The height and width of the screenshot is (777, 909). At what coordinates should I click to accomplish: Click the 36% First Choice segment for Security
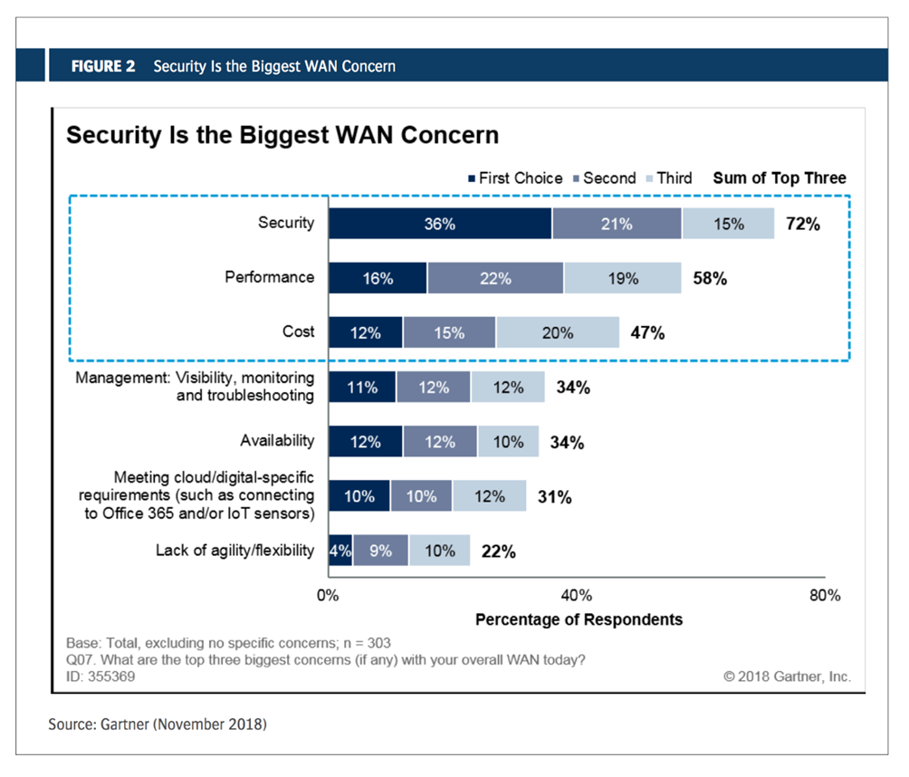coord(439,224)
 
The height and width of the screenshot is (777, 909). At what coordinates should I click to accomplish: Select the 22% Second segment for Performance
coord(495,279)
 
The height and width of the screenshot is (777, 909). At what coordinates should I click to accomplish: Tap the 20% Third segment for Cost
coord(557,333)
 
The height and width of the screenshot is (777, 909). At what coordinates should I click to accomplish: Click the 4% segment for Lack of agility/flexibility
coord(340,551)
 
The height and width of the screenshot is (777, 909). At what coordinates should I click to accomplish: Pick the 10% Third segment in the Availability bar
coord(508,442)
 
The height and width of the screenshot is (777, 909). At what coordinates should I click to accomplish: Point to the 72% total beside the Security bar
coord(802,224)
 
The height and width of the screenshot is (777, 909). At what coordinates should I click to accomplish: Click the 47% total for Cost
coord(646,333)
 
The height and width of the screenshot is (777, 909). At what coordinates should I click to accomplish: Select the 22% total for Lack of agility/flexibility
coord(497,551)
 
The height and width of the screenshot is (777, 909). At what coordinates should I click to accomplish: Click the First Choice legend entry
coord(514,178)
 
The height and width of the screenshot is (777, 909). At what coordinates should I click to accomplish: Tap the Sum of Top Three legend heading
coord(780,178)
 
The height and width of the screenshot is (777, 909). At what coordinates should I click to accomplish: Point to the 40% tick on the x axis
coord(577,596)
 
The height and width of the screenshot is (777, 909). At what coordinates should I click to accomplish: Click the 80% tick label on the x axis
coord(824,596)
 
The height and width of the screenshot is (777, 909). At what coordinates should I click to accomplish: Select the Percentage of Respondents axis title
coord(579,619)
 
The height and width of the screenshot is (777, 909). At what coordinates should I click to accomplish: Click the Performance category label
coord(270,277)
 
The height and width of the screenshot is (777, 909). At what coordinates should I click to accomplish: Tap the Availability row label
coord(277,441)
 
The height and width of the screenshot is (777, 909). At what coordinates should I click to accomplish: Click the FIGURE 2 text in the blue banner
coord(103,66)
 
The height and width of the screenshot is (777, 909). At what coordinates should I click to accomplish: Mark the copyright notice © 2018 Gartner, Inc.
coord(787,676)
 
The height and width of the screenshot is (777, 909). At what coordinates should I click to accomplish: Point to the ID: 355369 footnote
coord(100,676)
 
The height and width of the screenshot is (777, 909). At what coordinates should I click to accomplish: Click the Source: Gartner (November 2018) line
coord(158,724)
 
